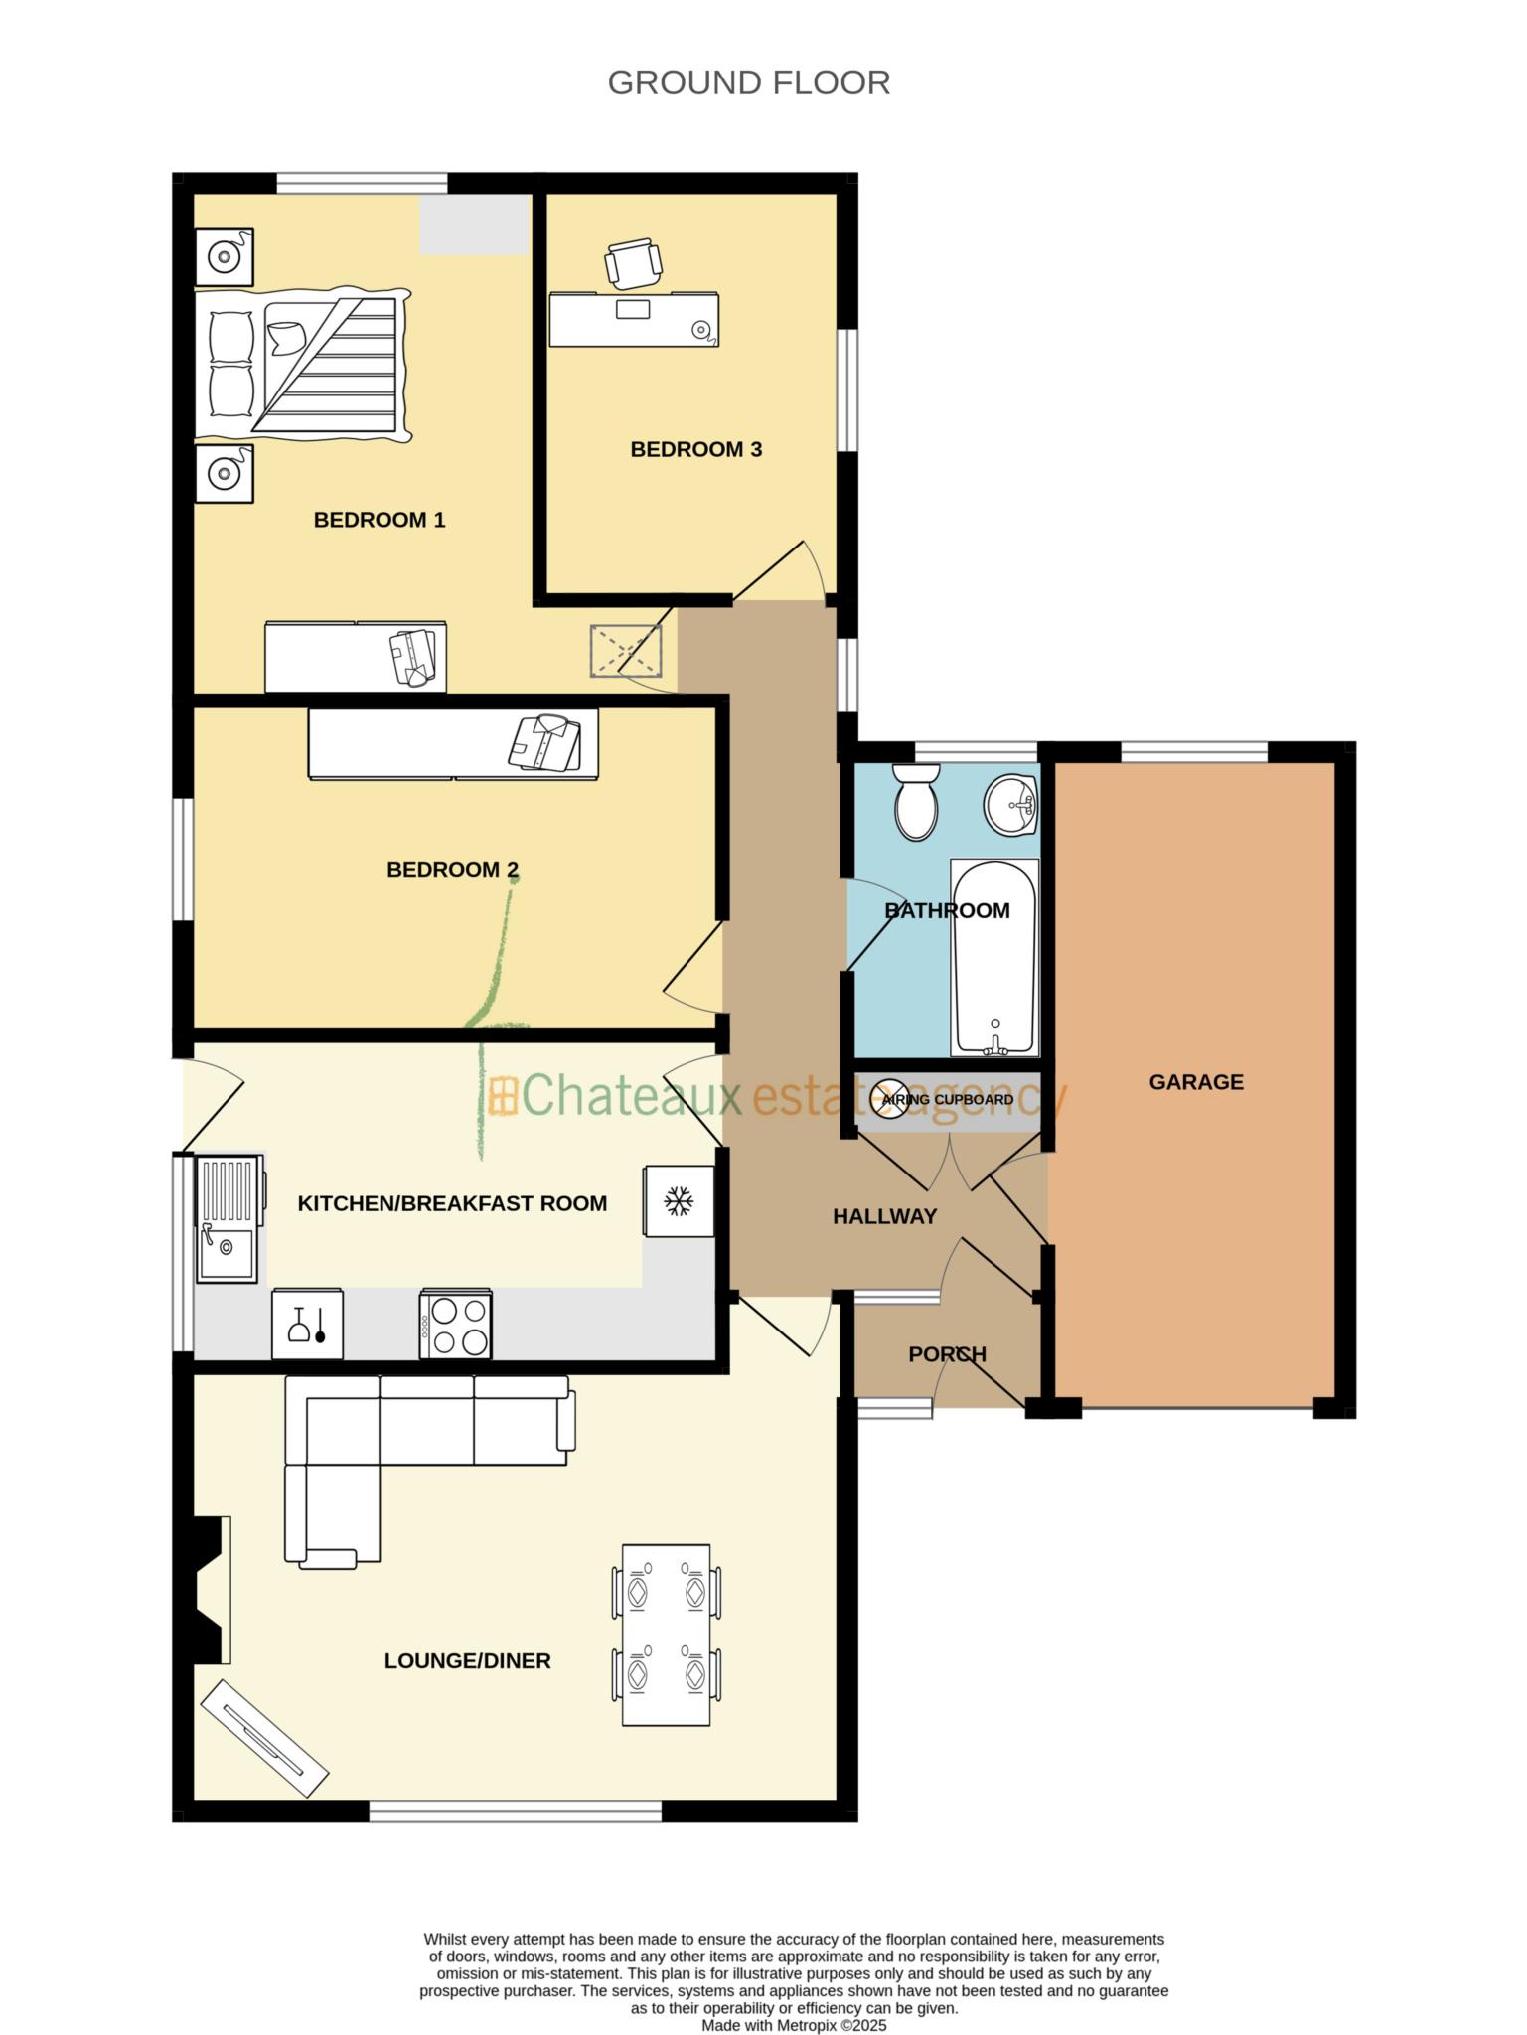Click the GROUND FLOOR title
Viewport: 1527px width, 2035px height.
(748, 83)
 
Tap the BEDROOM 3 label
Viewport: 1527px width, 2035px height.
(695, 449)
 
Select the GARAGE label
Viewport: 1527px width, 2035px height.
(1195, 1082)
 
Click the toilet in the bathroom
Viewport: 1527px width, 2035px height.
(914, 803)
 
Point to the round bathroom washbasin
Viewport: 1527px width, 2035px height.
(1009, 805)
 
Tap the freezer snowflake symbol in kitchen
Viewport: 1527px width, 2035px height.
(679, 1201)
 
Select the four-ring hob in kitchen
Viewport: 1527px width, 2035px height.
(456, 1324)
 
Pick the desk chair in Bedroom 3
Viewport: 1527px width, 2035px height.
(633, 263)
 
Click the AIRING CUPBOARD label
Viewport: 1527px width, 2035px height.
(947, 1100)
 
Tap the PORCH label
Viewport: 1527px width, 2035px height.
(947, 1354)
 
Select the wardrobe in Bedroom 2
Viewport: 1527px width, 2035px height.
(453, 744)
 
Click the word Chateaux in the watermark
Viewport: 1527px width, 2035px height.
(631, 1097)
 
